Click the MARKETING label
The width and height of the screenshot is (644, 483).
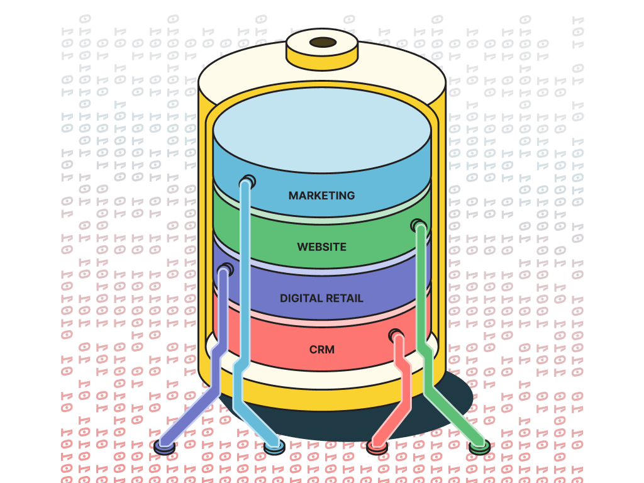point(321,196)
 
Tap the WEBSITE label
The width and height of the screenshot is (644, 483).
point(321,247)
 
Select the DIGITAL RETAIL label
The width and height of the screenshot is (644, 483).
point(321,298)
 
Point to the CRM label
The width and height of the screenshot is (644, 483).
point(321,349)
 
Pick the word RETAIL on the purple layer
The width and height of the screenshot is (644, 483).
point(343,298)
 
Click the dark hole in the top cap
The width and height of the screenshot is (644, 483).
point(323,43)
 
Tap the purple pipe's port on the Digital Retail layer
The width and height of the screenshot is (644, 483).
point(225,270)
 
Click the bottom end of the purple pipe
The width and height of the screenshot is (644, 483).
point(165,445)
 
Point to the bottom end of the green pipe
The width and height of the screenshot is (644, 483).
point(479,446)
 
